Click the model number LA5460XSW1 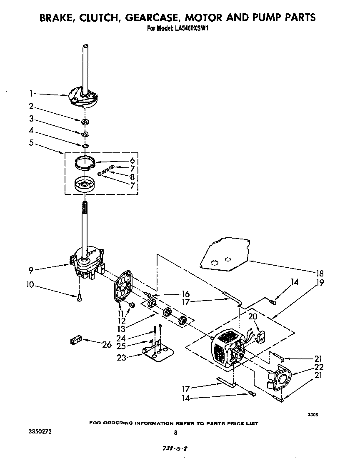click(x=192, y=29)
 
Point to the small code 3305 click(x=313, y=415)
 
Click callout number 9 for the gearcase click(x=31, y=270)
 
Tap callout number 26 click(x=107, y=344)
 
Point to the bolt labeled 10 click(x=79, y=297)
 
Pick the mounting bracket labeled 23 click(x=159, y=351)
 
